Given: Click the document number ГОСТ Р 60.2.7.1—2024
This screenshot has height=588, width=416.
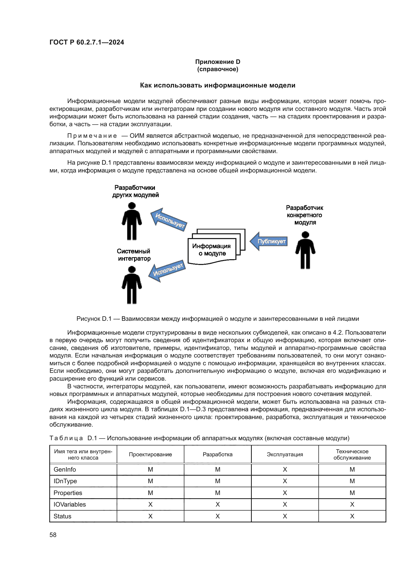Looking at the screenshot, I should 87,42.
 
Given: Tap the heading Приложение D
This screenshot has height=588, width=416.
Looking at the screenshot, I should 218,62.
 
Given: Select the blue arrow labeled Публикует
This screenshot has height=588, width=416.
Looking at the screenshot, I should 269,241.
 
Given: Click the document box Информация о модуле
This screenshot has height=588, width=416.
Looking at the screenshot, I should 212,250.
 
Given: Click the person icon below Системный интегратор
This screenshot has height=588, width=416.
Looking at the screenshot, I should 132,285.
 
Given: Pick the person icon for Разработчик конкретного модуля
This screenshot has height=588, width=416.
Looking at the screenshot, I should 305,250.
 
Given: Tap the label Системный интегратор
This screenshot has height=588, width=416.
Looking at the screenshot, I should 134,255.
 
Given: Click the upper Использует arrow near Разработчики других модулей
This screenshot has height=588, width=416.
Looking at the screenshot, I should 169,220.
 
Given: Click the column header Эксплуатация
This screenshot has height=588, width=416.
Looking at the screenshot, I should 285,454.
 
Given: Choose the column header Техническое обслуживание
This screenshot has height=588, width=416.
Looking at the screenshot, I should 352,454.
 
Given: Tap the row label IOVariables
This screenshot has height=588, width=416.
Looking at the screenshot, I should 70,504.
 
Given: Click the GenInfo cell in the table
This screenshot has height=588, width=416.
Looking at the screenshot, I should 65,469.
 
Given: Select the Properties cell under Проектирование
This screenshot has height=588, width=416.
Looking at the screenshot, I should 150,493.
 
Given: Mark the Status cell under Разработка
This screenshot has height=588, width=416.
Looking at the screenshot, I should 218,516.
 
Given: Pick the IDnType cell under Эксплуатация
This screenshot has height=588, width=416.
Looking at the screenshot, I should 285,481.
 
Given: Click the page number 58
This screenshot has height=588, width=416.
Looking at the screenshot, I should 53,535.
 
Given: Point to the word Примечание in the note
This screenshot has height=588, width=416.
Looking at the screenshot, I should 92,136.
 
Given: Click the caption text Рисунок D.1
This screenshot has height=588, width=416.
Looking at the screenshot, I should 94,319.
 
